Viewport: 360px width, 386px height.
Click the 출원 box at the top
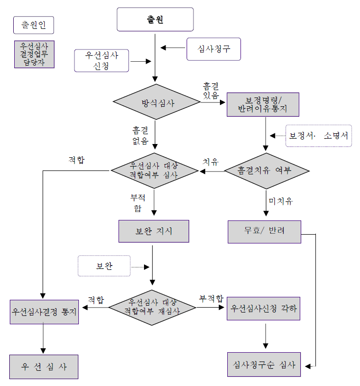tap(155, 20)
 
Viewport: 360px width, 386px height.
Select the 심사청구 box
tap(214, 48)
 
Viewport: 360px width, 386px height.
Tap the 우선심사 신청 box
tap(103, 60)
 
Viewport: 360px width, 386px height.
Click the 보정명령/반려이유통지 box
tap(264, 104)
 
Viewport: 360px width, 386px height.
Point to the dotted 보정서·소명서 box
tap(319, 135)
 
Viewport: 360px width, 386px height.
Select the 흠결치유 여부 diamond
tap(266, 171)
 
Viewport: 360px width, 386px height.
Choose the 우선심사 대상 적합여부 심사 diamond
tap(154, 171)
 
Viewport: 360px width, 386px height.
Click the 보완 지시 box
tap(154, 231)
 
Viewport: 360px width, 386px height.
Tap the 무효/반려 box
tap(264, 231)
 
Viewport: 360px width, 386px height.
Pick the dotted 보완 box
tap(104, 266)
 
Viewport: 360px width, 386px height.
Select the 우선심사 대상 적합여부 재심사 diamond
tap(152, 307)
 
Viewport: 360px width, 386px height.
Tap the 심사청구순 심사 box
tap(264, 365)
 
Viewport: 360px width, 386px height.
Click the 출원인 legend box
tap(33, 24)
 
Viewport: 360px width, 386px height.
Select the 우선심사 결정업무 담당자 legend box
tap(33, 54)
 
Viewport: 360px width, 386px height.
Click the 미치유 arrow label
tap(280, 201)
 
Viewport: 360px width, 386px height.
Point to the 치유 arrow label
tap(211, 161)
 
